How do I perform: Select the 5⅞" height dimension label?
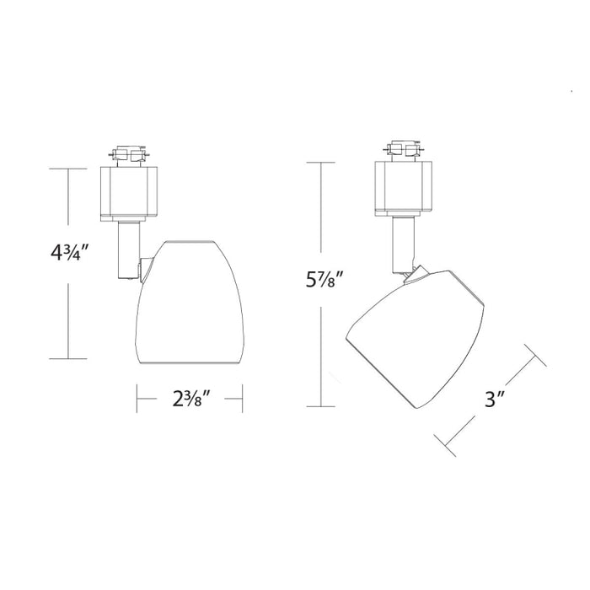pyautogui.click(x=323, y=278)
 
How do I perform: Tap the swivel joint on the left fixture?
pyautogui.click(x=147, y=270)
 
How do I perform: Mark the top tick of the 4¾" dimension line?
pyautogui.click(x=67, y=169)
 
